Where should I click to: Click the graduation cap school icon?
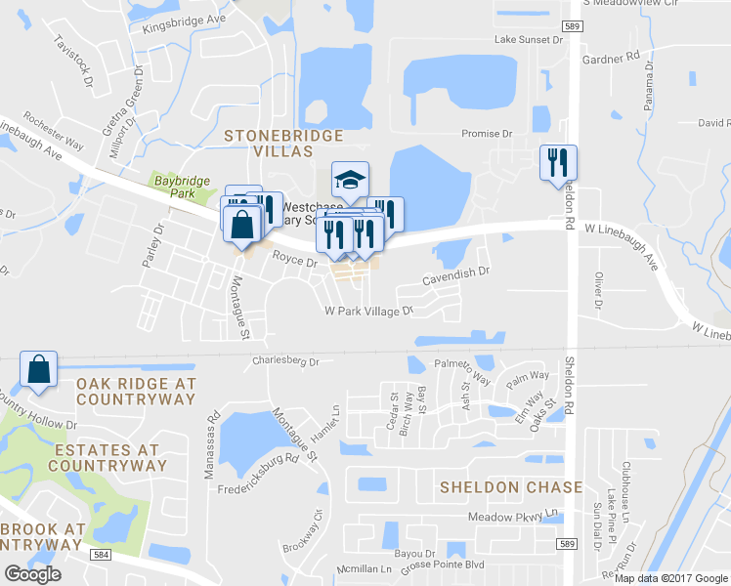348,179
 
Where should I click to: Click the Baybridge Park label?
177,187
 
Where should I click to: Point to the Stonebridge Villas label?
283,143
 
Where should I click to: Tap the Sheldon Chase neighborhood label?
511,486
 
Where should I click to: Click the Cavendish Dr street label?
455,277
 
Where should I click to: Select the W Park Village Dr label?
369,311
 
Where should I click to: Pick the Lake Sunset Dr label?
529,40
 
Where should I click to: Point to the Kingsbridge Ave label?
184,22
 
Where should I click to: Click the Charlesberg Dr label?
286,359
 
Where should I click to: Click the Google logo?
33,573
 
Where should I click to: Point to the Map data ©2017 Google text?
670,578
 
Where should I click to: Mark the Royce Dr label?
295,261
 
